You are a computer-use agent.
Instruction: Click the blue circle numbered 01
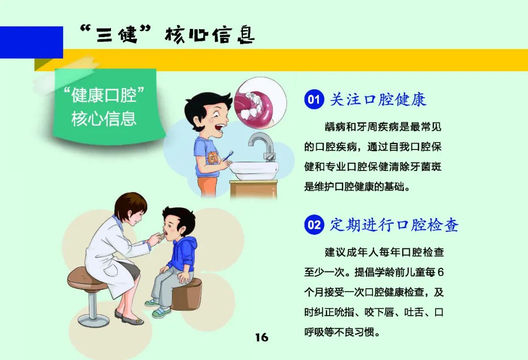click(x=313, y=100)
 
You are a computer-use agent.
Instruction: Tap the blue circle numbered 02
click(x=314, y=225)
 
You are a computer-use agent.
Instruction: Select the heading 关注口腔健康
click(x=378, y=100)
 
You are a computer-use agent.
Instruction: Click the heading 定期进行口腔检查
click(x=394, y=225)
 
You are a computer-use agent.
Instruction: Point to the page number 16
click(x=262, y=338)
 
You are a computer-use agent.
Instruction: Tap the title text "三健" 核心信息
click(x=167, y=36)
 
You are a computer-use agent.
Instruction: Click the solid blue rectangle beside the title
click(x=31, y=42)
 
